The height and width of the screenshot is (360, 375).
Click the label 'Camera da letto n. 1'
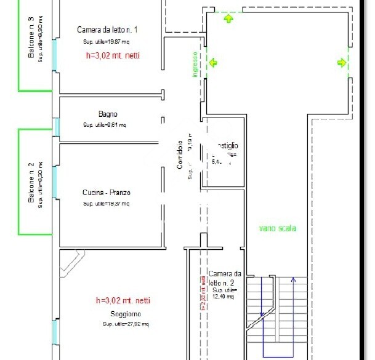pyautogui.click(x=107, y=30)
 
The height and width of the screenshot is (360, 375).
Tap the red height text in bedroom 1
pyautogui.click(x=114, y=55)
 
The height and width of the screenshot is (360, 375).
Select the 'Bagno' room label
pyautogui.click(x=107, y=114)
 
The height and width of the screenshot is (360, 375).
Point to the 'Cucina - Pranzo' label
pyautogui.click(x=107, y=193)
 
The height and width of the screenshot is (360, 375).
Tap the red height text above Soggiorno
pyautogui.click(x=123, y=301)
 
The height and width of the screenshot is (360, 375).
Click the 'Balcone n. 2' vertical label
pyautogui.click(x=31, y=183)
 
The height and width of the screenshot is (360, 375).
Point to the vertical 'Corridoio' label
pyautogui.click(x=180, y=155)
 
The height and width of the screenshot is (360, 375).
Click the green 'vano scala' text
pyautogui.click(x=277, y=228)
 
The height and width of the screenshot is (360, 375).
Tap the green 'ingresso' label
pyautogui.click(x=195, y=64)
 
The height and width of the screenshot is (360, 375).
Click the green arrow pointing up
pyautogui.click(x=229, y=18)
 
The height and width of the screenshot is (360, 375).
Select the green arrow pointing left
pyautogui.click(x=213, y=62)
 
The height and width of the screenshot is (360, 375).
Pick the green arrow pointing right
pyautogui.click(x=341, y=62)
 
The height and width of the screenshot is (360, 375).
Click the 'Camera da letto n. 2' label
pyautogui.click(x=224, y=278)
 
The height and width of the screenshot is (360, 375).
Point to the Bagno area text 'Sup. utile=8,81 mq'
pyautogui.click(x=105, y=124)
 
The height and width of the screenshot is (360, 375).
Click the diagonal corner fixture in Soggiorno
pyautogui.click(x=70, y=262)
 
